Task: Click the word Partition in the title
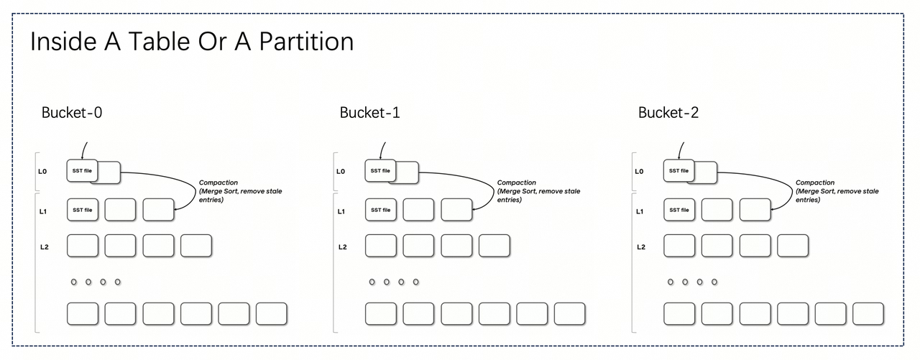(x=306, y=42)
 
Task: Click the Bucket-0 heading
(x=72, y=113)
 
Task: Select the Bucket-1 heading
(x=369, y=113)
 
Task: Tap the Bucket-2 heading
(x=668, y=113)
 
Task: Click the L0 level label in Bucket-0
(x=42, y=171)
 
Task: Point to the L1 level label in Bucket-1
(x=341, y=211)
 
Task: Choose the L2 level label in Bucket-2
(x=640, y=247)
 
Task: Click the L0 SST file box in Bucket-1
(x=380, y=171)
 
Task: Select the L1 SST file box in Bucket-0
(x=83, y=210)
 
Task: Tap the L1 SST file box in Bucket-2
(x=679, y=210)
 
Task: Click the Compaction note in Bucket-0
(x=240, y=191)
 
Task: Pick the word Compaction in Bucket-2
(x=815, y=183)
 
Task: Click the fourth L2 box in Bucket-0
(x=196, y=246)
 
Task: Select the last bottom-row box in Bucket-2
(x=868, y=314)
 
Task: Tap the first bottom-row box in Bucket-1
(x=381, y=314)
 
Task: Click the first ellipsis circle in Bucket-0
(x=74, y=282)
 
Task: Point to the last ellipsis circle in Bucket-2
(x=714, y=282)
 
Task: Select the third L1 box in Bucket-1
(x=456, y=210)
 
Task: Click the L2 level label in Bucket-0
(x=45, y=247)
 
